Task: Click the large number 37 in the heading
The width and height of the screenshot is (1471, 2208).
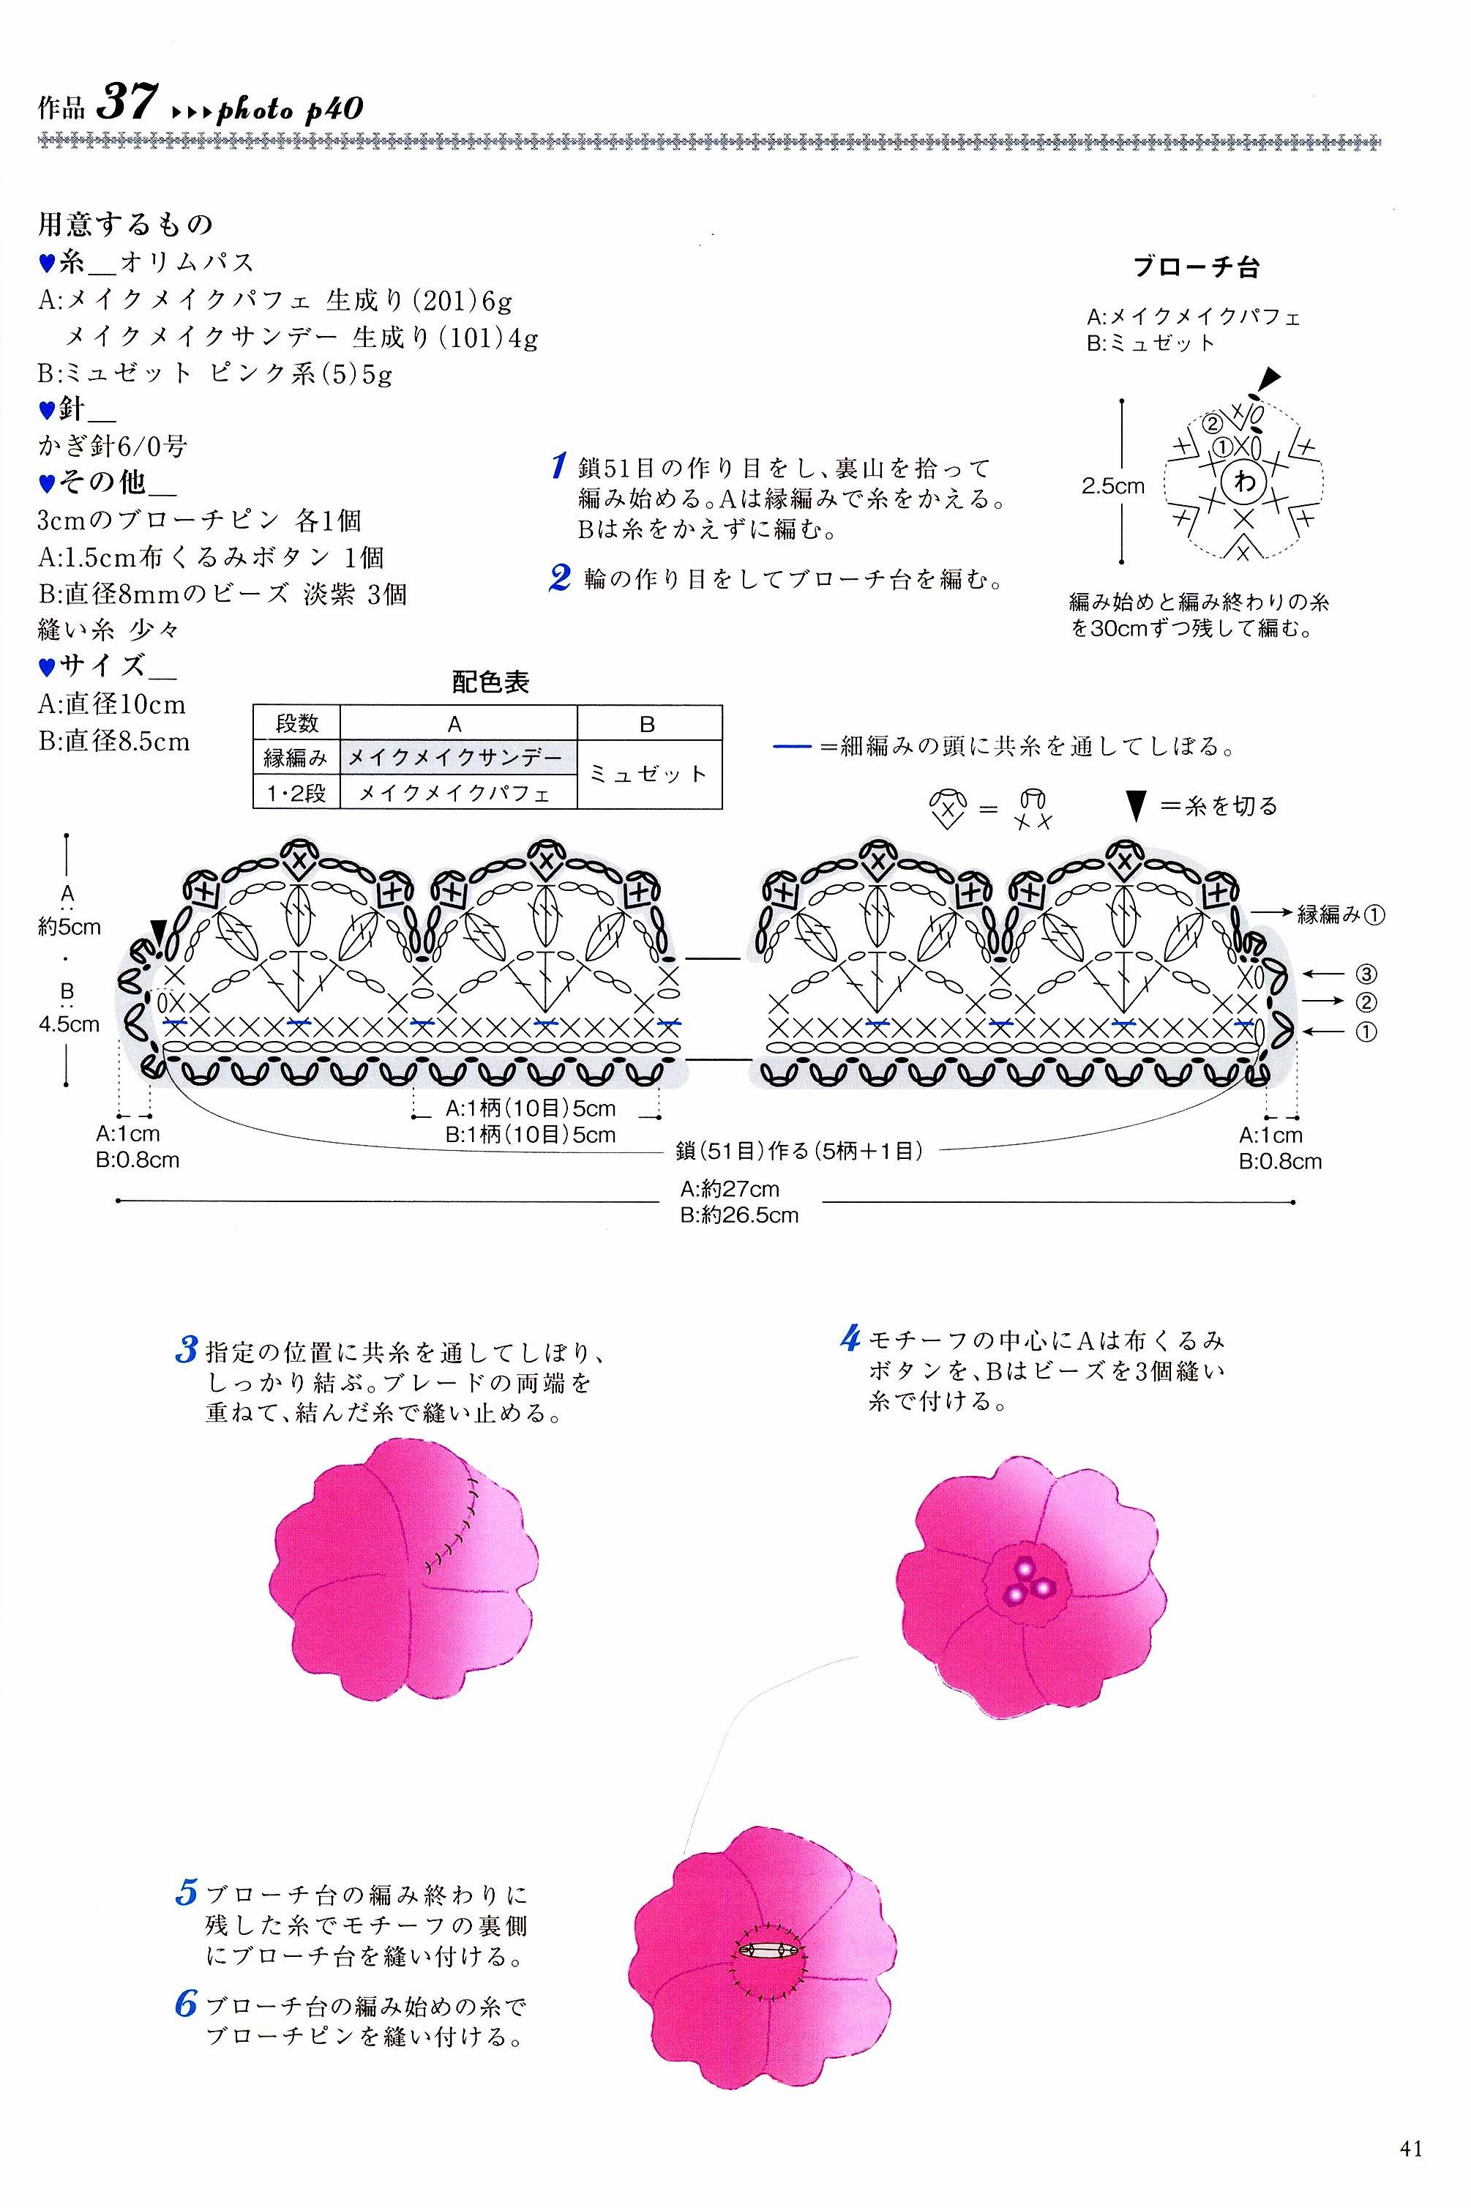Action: pos(127,101)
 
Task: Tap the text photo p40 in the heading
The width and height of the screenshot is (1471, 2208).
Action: pos(290,109)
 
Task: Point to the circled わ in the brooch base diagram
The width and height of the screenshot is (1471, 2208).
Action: pos(1244,482)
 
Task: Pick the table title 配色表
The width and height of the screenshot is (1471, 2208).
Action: pos(490,682)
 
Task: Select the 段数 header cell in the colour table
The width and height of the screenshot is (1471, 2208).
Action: pos(296,723)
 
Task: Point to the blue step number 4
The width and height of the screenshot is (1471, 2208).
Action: pos(850,1338)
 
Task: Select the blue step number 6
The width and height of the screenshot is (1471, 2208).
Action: pos(185,2005)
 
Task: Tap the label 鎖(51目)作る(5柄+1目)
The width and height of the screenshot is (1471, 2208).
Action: pos(799,1149)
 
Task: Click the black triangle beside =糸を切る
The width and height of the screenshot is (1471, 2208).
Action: pos(1137,805)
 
